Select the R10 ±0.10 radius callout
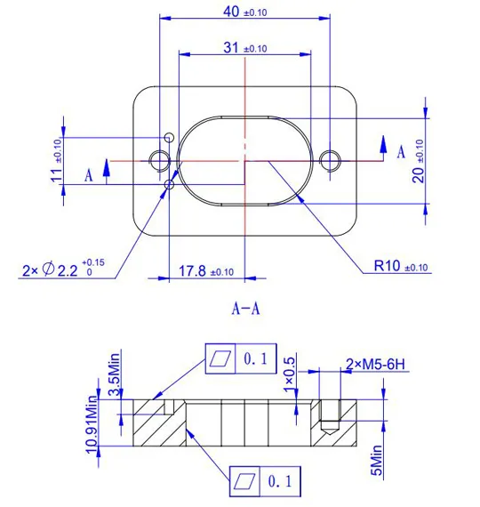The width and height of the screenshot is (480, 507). (401, 265)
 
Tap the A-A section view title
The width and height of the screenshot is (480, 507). (245, 310)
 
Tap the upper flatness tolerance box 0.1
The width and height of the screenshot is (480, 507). (241, 358)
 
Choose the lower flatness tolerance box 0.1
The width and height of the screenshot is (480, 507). (265, 481)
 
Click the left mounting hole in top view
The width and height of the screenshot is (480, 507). (160, 160)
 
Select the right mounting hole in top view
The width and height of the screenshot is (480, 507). (331, 160)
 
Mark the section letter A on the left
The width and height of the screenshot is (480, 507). (89, 174)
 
